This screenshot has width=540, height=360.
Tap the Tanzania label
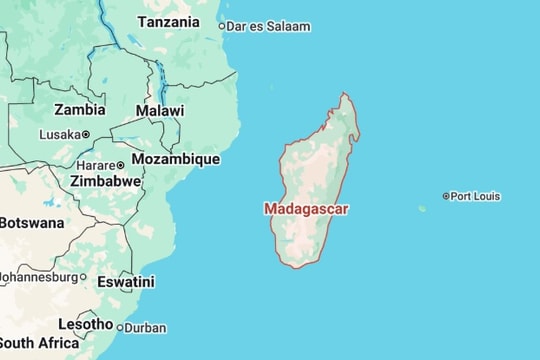tap(168, 22)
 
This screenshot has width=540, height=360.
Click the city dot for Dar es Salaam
tap(222, 27)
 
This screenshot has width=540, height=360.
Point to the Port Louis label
tap(475, 196)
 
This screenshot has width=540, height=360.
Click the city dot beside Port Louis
tap(446, 196)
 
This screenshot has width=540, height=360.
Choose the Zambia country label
tap(80, 110)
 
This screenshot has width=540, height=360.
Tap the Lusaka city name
tap(59, 134)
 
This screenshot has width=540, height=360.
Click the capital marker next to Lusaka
tap(85, 134)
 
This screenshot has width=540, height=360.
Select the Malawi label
tap(160, 111)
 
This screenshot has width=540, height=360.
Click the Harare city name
tap(95, 165)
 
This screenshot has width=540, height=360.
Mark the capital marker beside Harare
tap(121, 165)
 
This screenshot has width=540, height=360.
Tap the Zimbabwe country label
tap(105, 181)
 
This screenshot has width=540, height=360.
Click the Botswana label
tap(30, 223)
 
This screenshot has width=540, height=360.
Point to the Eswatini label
tap(125, 282)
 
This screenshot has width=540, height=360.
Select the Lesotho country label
tap(85, 324)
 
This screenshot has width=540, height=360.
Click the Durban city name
tap(146, 328)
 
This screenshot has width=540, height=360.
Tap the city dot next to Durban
tap(120, 328)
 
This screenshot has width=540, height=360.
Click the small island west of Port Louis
tap(422, 209)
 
